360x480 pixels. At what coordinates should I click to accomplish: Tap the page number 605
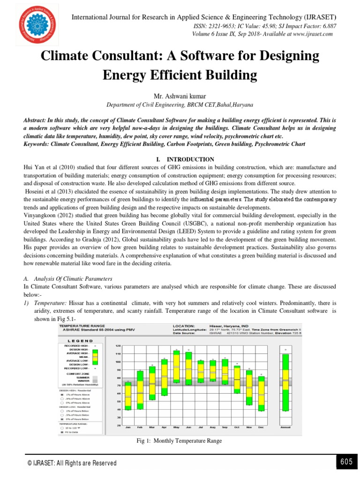coord(346,462)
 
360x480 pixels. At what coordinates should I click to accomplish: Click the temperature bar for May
coord(176,367)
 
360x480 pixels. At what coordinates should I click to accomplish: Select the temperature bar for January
coord(127,396)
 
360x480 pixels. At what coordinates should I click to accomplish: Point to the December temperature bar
coord(261,393)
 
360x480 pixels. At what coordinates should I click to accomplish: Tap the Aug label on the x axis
coord(212,427)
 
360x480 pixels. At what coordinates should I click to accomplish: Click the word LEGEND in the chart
coord(81,341)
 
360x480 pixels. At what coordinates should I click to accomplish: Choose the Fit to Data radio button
coord(61,433)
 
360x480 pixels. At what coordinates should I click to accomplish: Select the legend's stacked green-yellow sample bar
coord(95,357)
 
